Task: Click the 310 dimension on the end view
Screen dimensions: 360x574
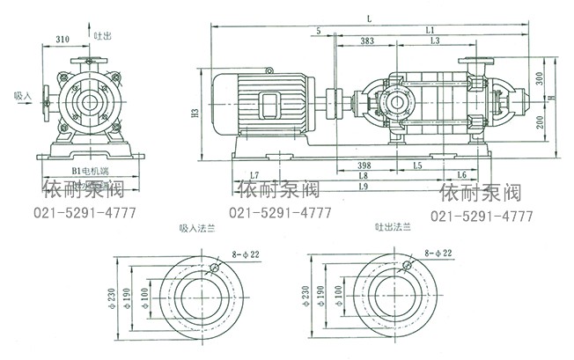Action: point(62,40)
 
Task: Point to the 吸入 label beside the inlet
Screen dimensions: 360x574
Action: point(23,95)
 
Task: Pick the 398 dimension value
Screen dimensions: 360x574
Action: point(358,165)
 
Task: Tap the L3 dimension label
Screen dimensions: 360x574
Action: point(435,42)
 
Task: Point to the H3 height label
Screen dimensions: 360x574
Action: point(195,113)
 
